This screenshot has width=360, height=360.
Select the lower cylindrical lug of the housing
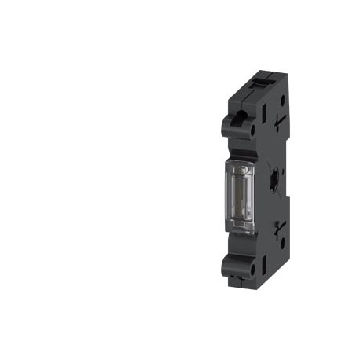[236, 263]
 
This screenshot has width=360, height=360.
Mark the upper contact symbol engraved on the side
[280, 113]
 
